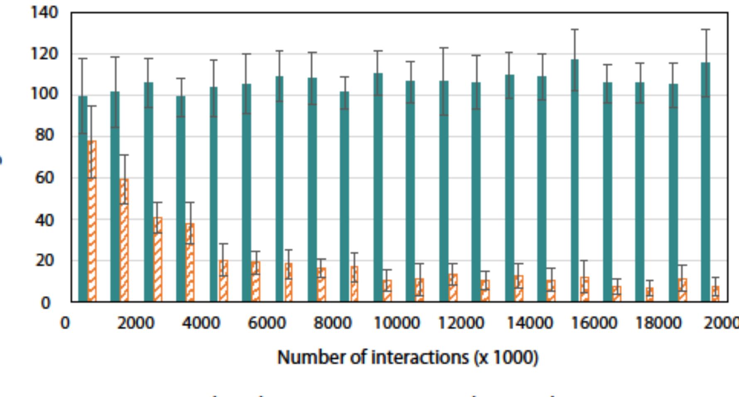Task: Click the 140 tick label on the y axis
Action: point(44,12)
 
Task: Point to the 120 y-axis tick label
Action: point(44,54)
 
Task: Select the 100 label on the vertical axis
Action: point(44,94)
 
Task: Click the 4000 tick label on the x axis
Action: point(201,323)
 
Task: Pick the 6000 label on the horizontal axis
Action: point(267,323)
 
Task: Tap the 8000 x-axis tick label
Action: point(332,323)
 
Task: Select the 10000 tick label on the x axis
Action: point(396,323)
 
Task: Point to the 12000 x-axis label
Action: point(461,323)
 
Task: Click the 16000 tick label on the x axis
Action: point(594,323)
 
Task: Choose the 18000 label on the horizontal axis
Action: point(659,323)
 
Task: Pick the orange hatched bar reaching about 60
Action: point(124,240)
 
